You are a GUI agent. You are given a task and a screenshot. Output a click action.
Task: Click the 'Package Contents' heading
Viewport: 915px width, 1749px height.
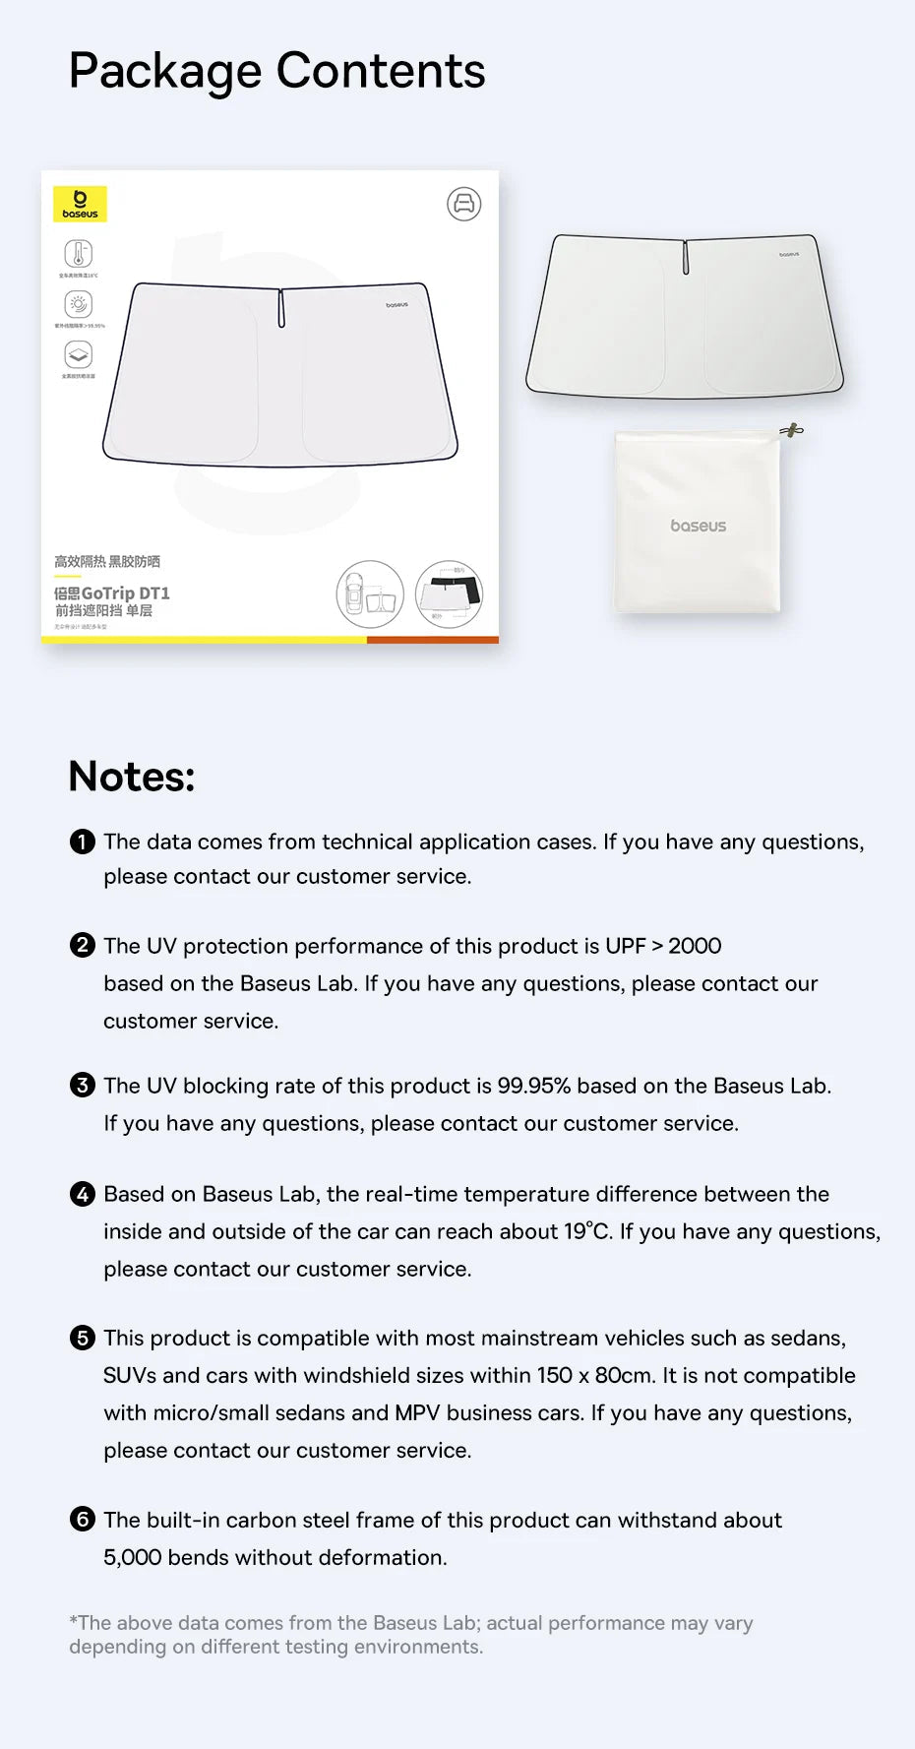(x=276, y=72)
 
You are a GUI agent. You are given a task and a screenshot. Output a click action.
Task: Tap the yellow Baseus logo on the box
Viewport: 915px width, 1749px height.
(x=80, y=204)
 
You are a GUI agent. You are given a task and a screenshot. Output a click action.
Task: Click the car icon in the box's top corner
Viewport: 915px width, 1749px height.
(x=464, y=204)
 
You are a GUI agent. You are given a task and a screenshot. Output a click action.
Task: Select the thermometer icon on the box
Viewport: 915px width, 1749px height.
(x=79, y=253)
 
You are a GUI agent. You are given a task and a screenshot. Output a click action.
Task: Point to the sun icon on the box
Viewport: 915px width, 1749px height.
(x=79, y=304)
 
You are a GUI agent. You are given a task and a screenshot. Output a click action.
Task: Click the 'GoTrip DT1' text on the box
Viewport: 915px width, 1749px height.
(x=125, y=593)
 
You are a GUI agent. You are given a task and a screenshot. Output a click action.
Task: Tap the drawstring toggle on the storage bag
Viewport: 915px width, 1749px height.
(x=791, y=430)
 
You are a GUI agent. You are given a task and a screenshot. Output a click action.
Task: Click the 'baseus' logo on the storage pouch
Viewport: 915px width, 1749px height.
(x=698, y=526)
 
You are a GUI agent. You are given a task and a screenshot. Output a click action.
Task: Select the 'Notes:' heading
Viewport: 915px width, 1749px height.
(x=132, y=777)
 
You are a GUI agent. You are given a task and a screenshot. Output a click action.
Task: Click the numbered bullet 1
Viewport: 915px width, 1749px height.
(x=83, y=842)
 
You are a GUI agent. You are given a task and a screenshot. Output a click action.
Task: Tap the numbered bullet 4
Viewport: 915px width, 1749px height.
(x=83, y=1194)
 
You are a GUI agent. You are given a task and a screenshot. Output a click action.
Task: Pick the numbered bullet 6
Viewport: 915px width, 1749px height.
(x=83, y=1520)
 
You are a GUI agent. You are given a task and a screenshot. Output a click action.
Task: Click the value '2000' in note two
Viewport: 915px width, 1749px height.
(x=695, y=946)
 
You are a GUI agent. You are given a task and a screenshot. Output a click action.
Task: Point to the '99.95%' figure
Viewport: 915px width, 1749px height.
(x=533, y=1086)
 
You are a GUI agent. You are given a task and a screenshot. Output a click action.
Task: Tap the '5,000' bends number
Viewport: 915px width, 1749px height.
(x=132, y=1557)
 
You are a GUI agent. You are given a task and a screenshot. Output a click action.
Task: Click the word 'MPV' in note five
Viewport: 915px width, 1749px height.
(x=417, y=1412)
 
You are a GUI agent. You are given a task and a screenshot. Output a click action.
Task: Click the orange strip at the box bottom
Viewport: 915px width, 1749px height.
(x=432, y=640)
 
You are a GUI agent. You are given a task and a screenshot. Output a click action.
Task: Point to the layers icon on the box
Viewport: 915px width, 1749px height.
(x=79, y=354)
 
